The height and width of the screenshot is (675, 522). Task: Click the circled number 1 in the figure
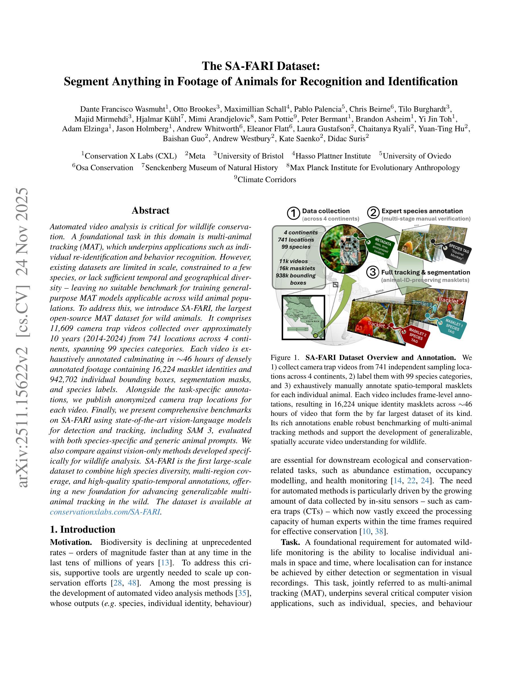pos(293,214)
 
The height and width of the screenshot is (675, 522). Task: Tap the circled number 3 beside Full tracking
pos(373,272)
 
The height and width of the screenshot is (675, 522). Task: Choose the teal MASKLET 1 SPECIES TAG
pos(452,326)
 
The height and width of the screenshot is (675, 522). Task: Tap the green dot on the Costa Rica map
pos(315,335)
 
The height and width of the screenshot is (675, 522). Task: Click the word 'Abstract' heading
pos(150,211)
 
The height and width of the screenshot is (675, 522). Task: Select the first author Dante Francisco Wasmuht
pos(123,109)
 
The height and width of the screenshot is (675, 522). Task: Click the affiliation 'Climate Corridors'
pos(267,180)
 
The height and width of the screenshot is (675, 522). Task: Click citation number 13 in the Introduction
pos(165,562)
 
